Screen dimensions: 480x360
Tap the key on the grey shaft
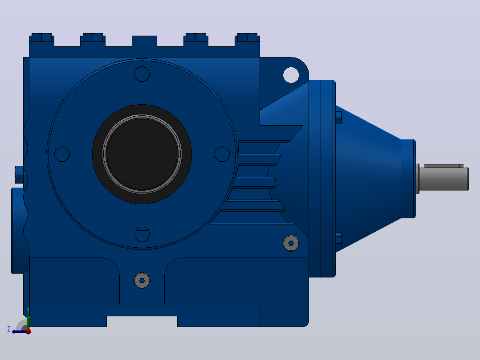coord(443,166)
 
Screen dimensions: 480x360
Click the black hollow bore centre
coord(142,154)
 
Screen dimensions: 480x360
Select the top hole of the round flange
coord(142,74)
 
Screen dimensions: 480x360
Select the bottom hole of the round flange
coord(142,234)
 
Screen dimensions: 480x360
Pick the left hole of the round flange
coord(62,154)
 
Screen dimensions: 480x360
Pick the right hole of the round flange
coord(222,154)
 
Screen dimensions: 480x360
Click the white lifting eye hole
coord(291,75)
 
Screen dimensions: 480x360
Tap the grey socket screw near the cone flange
coord(291,243)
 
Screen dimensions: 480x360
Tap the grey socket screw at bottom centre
coord(142,280)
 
